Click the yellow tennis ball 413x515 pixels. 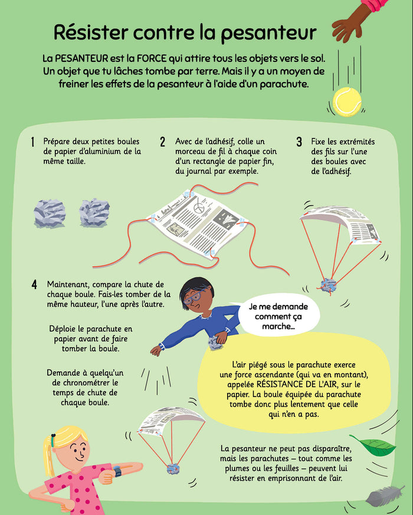coord(347,102)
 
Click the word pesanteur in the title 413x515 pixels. coord(268,33)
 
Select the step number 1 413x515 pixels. coord(32,142)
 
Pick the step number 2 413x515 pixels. coord(163,142)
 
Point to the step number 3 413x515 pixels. coord(299,142)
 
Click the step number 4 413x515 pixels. coord(34,284)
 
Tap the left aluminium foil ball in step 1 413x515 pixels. coord(50,214)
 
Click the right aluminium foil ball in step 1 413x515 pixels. coord(94,212)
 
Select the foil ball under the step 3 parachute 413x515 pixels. coord(328,286)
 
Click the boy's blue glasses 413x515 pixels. coord(195,296)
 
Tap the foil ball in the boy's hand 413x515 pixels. coord(215,343)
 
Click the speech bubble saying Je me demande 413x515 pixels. coord(278,316)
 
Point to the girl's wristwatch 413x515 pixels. coord(117,471)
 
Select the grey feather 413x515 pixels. coord(385,496)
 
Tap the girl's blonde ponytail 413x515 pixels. coord(49,455)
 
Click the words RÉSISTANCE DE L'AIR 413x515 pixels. coord(296,385)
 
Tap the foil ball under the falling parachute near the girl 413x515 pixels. coord(173,468)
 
